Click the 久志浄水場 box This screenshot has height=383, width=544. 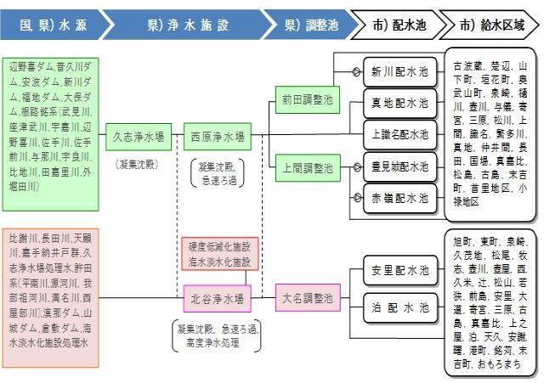(139, 134)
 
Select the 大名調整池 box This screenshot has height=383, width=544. (308, 299)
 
